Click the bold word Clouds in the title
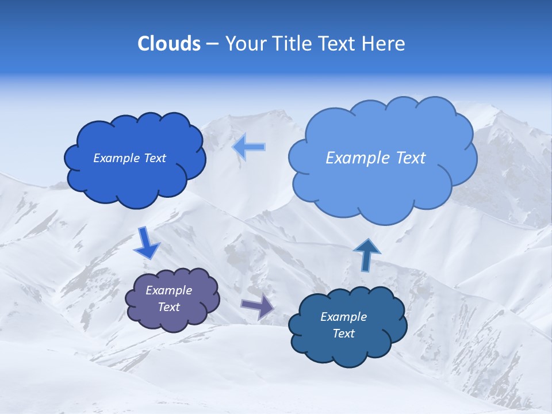tap(168, 44)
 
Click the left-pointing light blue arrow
tap(249, 147)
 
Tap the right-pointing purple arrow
tap(258, 306)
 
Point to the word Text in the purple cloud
tap(169, 307)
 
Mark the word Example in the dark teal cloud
tap(343, 317)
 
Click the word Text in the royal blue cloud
tap(154, 158)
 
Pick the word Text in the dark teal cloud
tap(343, 333)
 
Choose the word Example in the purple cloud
tap(169, 290)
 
